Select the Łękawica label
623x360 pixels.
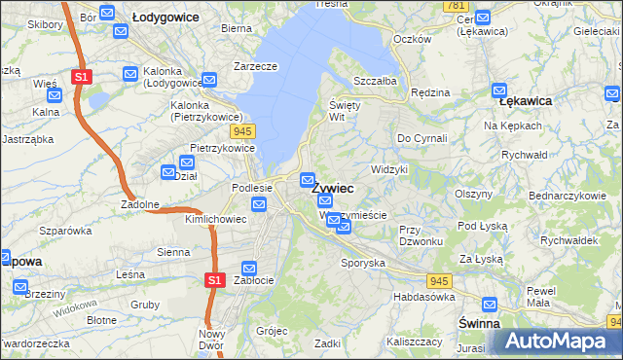pyautogui.click(x=526, y=101)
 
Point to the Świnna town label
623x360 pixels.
pyautogui.click(x=479, y=322)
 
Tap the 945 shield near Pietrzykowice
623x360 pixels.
pyautogui.click(x=243, y=130)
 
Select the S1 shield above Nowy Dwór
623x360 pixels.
pyautogui.click(x=216, y=280)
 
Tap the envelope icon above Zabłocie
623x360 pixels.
pyautogui.click(x=249, y=268)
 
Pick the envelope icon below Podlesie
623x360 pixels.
pyautogui.click(x=259, y=203)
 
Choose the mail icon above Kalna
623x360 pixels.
pyautogui.click(x=55, y=95)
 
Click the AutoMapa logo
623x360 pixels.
pyautogui.click(x=557, y=341)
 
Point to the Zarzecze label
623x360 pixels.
pyautogui.click(x=255, y=66)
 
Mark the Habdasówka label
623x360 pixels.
pyautogui.click(x=423, y=297)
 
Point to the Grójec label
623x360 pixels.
pyautogui.click(x=273, y=331)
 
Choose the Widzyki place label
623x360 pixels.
pyautogui.click(x=389, y=169)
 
